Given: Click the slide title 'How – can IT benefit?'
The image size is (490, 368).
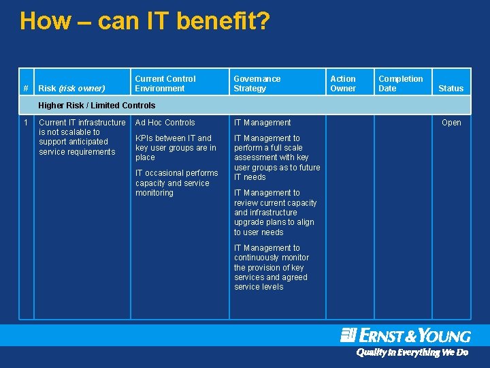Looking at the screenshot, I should coord(144,21).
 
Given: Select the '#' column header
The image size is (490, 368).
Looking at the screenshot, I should coord(26,88).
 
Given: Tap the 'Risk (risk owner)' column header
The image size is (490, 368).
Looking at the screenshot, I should coord(71,88).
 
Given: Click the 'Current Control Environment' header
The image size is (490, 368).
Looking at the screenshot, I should coord(165,83).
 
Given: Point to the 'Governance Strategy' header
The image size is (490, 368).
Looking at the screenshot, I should coord(257,83).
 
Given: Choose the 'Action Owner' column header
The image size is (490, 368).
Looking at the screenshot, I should coord(343,83).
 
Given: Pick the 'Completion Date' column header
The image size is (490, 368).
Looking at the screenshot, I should coord(400,83).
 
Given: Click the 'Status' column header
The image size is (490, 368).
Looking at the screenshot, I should coord(451,88).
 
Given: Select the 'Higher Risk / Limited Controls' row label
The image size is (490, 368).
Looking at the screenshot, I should coord(97,105).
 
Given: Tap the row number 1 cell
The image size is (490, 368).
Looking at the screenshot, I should coord(26,123).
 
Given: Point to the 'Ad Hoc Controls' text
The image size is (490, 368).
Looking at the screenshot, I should coord(165,123).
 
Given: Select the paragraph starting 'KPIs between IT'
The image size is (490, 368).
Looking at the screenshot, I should coord(176,147).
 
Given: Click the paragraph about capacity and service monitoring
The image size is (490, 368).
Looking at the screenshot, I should coord(176,183).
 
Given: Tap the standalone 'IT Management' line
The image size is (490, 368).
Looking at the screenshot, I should coord(262,123).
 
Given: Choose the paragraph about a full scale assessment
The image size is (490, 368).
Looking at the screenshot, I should coord(276,157).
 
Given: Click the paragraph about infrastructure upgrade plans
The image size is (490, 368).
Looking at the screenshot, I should coord(275,213).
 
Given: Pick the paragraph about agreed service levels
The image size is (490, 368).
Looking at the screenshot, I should coord(271,267).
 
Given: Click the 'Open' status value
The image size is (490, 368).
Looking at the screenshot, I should coord(451,123).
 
